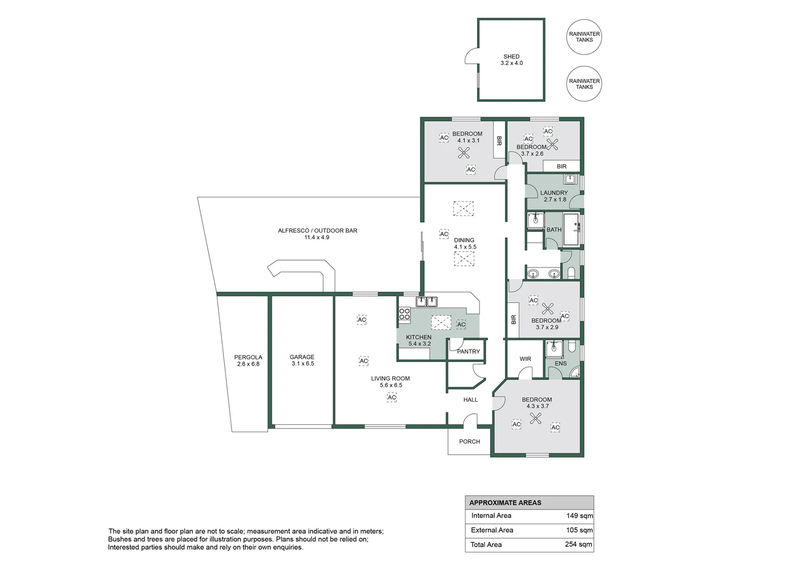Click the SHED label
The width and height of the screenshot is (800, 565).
[512, 56]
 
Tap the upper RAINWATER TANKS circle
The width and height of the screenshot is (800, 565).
[584, 37]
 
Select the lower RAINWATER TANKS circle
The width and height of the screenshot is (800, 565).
[584, 84]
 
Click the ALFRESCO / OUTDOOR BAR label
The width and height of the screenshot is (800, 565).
[317, 231]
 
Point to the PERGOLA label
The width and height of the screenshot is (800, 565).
[248, 357]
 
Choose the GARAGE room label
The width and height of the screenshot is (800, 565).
[302, 357]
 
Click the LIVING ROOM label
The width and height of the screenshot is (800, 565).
[391, 378]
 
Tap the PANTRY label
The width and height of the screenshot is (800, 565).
[468, 352]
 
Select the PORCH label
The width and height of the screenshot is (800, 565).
[469, 442]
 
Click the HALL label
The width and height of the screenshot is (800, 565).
[470, 400]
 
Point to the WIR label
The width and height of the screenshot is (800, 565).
[525, 359]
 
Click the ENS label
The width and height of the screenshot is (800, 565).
[560, 364]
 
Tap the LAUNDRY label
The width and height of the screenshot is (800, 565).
[554, 193]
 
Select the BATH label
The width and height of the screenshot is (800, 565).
[553, 230]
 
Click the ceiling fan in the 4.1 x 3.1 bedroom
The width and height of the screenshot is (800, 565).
[464, 153]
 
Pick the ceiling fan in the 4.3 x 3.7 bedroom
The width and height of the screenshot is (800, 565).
[535, 418]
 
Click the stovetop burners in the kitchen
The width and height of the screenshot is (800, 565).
[404, 314]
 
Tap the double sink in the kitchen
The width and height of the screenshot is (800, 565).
[426, 301]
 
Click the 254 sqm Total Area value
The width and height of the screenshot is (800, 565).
[578, 545]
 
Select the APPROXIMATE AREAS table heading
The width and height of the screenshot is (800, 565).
[505, 503]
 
